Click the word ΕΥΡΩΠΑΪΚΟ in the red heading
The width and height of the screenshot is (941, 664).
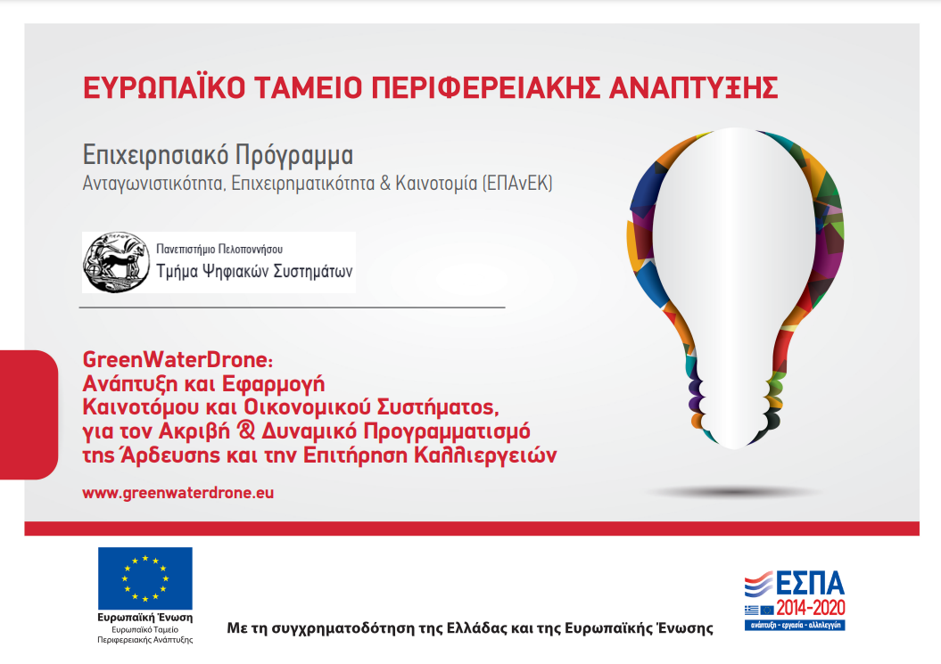point(164,87)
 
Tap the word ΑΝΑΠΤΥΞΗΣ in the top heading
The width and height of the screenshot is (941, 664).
point(693,87)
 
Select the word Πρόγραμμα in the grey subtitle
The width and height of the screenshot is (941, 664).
point(294,156)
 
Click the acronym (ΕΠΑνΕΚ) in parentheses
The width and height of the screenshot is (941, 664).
point(517,183)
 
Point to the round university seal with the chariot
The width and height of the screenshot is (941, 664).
point(117,262)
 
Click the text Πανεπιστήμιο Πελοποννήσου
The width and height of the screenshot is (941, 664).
point(219,249)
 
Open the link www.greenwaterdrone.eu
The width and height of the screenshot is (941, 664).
point(178,493)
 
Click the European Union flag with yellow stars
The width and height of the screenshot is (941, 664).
point(145,578)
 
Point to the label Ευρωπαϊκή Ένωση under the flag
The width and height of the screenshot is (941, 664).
point(145,618)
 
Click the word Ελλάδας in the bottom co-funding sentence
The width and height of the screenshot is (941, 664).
point(477,628)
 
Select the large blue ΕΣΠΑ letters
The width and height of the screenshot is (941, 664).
point(810,583)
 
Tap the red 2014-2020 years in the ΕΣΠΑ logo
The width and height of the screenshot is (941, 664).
point(810,608)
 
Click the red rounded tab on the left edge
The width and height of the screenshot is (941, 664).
point(29,414)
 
